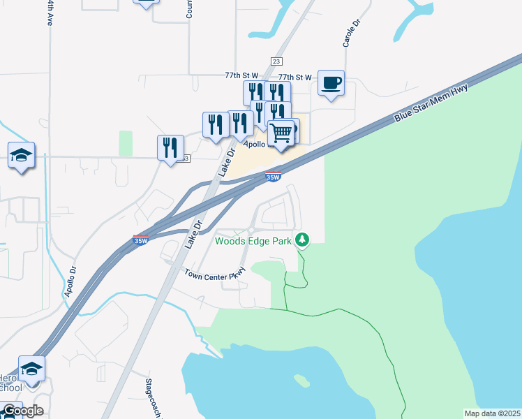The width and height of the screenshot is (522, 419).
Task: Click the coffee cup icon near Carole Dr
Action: click(x=331, y=84)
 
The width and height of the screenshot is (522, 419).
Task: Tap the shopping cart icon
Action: click(x=281, y=132)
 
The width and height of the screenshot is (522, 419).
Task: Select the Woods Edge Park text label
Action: click(x=253, y=242)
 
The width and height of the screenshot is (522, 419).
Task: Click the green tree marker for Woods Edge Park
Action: click(x=302, y=240)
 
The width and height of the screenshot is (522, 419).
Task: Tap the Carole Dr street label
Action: click(x=350, y=33)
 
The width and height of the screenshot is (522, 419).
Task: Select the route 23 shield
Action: click(x=277, y=61)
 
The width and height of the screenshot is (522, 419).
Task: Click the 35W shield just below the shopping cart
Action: click(x=274, y=177)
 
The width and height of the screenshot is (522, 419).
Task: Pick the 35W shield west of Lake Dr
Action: click(x=140, y=241)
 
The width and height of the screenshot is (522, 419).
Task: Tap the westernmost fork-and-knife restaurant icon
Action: click(x=170, y=147)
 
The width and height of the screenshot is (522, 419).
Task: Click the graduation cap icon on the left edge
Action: click(x=21, y=155)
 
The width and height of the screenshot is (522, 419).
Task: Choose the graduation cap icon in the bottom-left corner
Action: click(x=31, y=368)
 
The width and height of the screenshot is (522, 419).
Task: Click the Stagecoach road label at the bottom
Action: click(x=154, y=398)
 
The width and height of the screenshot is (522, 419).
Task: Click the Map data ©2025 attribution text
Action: click(x=491, y=413)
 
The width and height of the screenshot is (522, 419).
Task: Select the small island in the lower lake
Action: click(x=301, y=381)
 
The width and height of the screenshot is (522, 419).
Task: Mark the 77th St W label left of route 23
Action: click(x=241, y=75)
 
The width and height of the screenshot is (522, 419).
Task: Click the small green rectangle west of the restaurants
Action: click(x=126, y=143)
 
